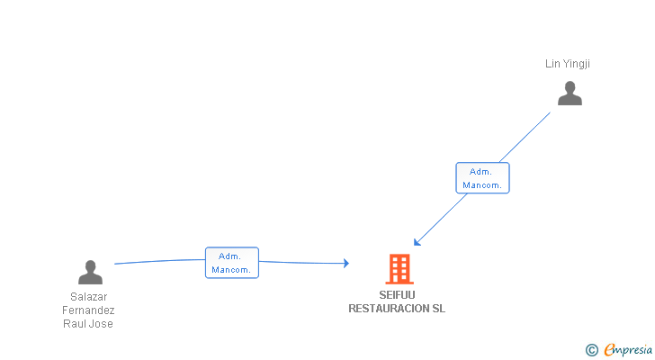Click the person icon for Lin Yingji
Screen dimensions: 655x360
point(570,93)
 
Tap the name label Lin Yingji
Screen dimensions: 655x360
point(567,64)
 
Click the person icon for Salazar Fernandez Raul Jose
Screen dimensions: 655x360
point(90,272)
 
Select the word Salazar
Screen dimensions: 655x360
point(88,296)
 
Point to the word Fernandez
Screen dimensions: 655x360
point(88,310)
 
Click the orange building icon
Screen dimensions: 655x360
point(399,269)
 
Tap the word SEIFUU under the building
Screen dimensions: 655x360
point(397,295)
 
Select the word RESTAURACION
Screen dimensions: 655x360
point(389,308)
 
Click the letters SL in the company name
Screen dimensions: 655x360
point(439,308)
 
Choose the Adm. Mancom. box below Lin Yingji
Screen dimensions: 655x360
point(482,178)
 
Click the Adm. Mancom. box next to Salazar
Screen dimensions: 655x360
point(232,263)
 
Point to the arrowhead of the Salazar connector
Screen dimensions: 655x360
point(346,263)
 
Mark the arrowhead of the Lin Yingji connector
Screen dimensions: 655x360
point(417,242)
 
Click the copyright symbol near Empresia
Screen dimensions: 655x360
point(591,350)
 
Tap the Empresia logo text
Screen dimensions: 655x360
point(628,349)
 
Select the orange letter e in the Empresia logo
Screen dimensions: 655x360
point(610,349)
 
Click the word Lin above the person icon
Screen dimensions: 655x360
point(552,64)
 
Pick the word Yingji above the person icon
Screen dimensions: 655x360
point(576,64)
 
